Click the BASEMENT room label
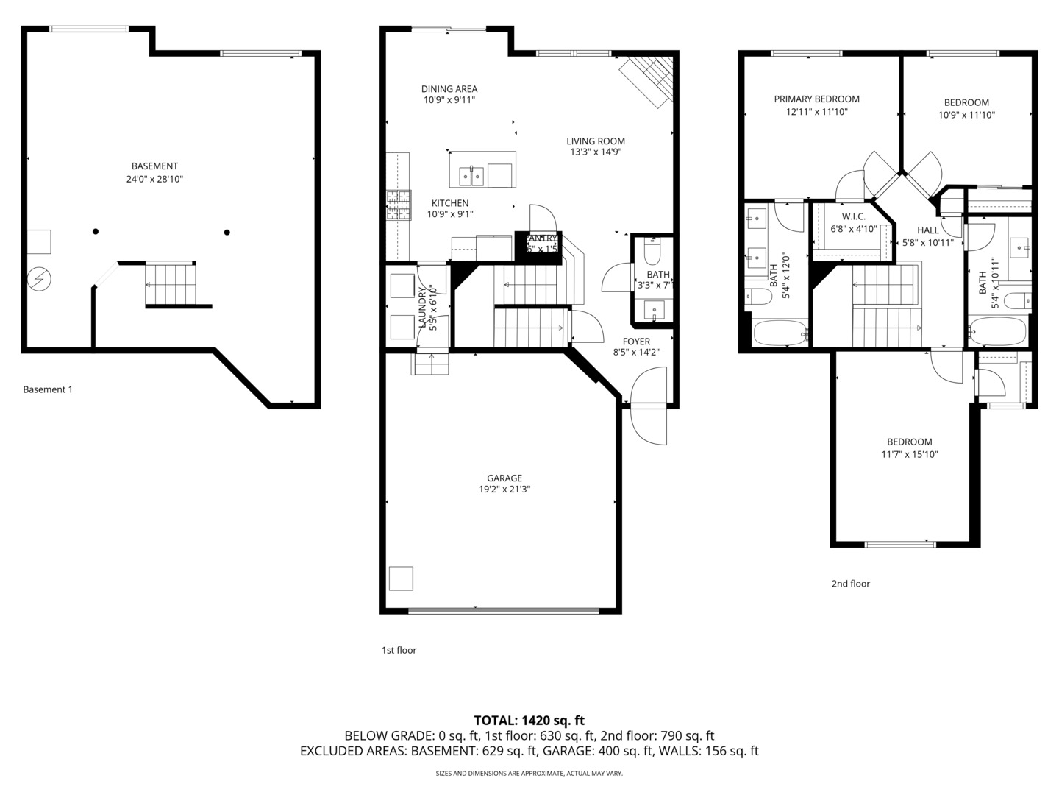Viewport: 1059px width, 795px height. pos(154,166)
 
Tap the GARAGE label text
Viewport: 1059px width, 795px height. pos(504,478)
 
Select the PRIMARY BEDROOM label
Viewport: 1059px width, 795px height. pos(816,99)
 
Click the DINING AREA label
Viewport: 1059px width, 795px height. pos(449,89)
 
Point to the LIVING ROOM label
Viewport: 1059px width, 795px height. pos(596,141)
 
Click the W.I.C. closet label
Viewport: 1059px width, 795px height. pos(853,216)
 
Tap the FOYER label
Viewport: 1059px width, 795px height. pos(636,342)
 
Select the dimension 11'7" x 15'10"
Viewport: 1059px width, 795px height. pos(910,454)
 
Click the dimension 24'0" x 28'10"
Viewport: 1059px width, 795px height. pos(154,179)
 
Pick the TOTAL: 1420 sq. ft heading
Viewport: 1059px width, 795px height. pos(529,721)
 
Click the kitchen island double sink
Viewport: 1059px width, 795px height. pos(471,175)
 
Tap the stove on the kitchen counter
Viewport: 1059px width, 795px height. pos(398,205)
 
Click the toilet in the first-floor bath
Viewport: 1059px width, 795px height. pos(652,253)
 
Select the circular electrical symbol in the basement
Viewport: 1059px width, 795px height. pos(38,278)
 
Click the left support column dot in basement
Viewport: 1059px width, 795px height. pos(96,232)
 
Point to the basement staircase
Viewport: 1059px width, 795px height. pos(171,283)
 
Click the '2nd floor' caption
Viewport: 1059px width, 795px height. pos(850,584)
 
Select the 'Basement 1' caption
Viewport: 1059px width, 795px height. pos(48,389)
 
